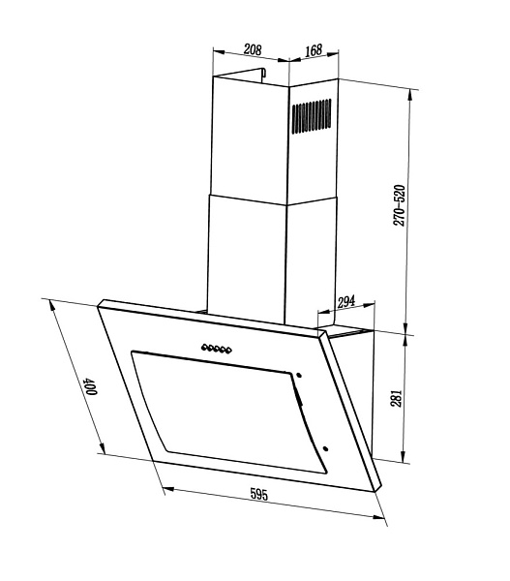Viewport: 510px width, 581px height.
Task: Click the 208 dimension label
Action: click(253, 49)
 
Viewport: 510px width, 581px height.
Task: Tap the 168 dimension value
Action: click(314, 50)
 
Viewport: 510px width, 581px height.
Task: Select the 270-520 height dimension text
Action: click(400, 205)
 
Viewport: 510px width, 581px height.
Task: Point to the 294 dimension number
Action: click(346, 301)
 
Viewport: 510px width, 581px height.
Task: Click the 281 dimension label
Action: click(397, 398)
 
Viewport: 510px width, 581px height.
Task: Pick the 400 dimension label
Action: click(90, 386)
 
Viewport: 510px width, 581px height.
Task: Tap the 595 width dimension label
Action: click(258, 494)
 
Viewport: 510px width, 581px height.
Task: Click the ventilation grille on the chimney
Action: click(312, 116)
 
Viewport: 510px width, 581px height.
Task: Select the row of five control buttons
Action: click(217, 349)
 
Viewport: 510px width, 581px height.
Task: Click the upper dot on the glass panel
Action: click(298, 376)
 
